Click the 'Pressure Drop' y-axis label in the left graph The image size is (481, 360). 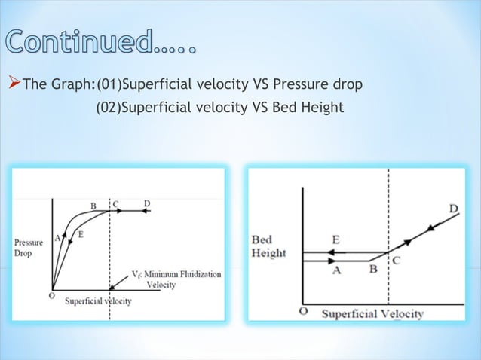point(28,248)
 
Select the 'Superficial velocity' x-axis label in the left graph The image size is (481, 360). point(98,301)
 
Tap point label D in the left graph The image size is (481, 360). point(146,204)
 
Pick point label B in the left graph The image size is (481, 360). point(93,205)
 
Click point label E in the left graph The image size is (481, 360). point(81,234)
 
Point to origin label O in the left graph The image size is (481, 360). point(51,296)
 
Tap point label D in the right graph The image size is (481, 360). point(454,208)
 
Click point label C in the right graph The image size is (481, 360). point(395,261)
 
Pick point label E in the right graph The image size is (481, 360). point(335,240)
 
